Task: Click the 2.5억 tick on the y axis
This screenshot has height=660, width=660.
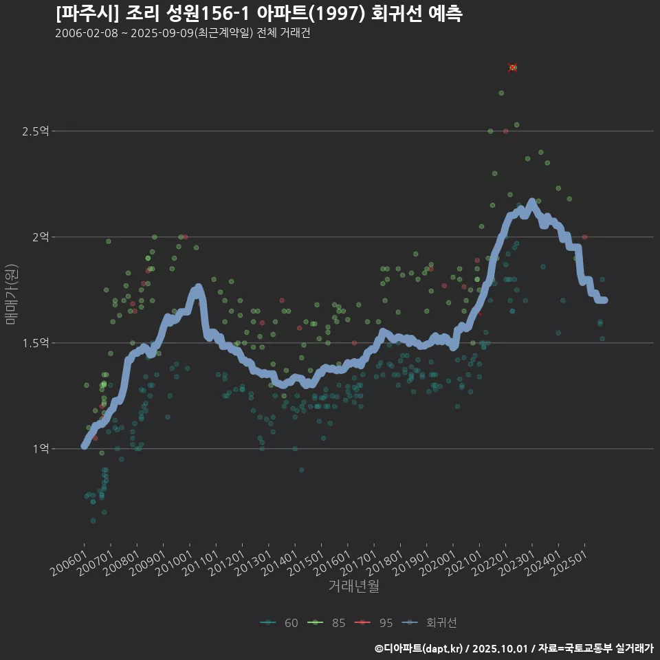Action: (35, 131)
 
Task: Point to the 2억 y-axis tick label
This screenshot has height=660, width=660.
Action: (40, 237)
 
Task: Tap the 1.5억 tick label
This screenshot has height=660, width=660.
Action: (35, 343)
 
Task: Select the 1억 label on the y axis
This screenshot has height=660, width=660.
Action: (40, 449)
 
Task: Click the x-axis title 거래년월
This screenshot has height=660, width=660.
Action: (353, 586)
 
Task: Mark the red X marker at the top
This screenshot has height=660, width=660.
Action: (513, 67)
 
